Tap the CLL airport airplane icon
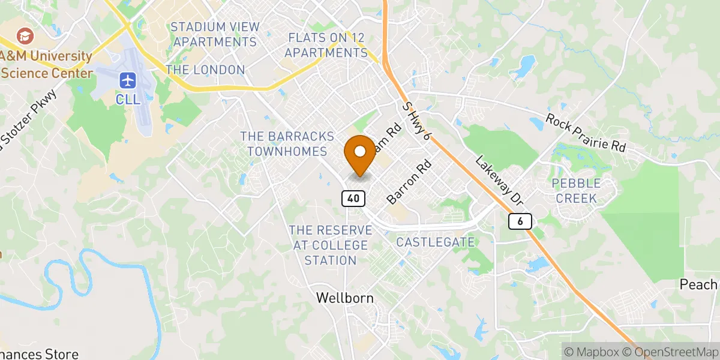pyautogui.click(x=128, y=79)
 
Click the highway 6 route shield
pyautogui.click(x=520, y=221)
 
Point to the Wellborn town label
pyautogui.click(x=344, y=298)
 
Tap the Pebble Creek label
pyautogui.click(x=574, y=190)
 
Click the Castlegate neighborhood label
pyautogui.click(x=435, y=242)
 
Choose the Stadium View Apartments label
pyautogui.click(x=214, y=34)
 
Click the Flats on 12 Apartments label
pyautogui.click(x=326, y=45)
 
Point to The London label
pyautogui.click(x=205, y=70)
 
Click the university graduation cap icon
pyautogui.click(x=25, y=35)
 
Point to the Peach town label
pyautogui.click(x=698, y=284)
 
